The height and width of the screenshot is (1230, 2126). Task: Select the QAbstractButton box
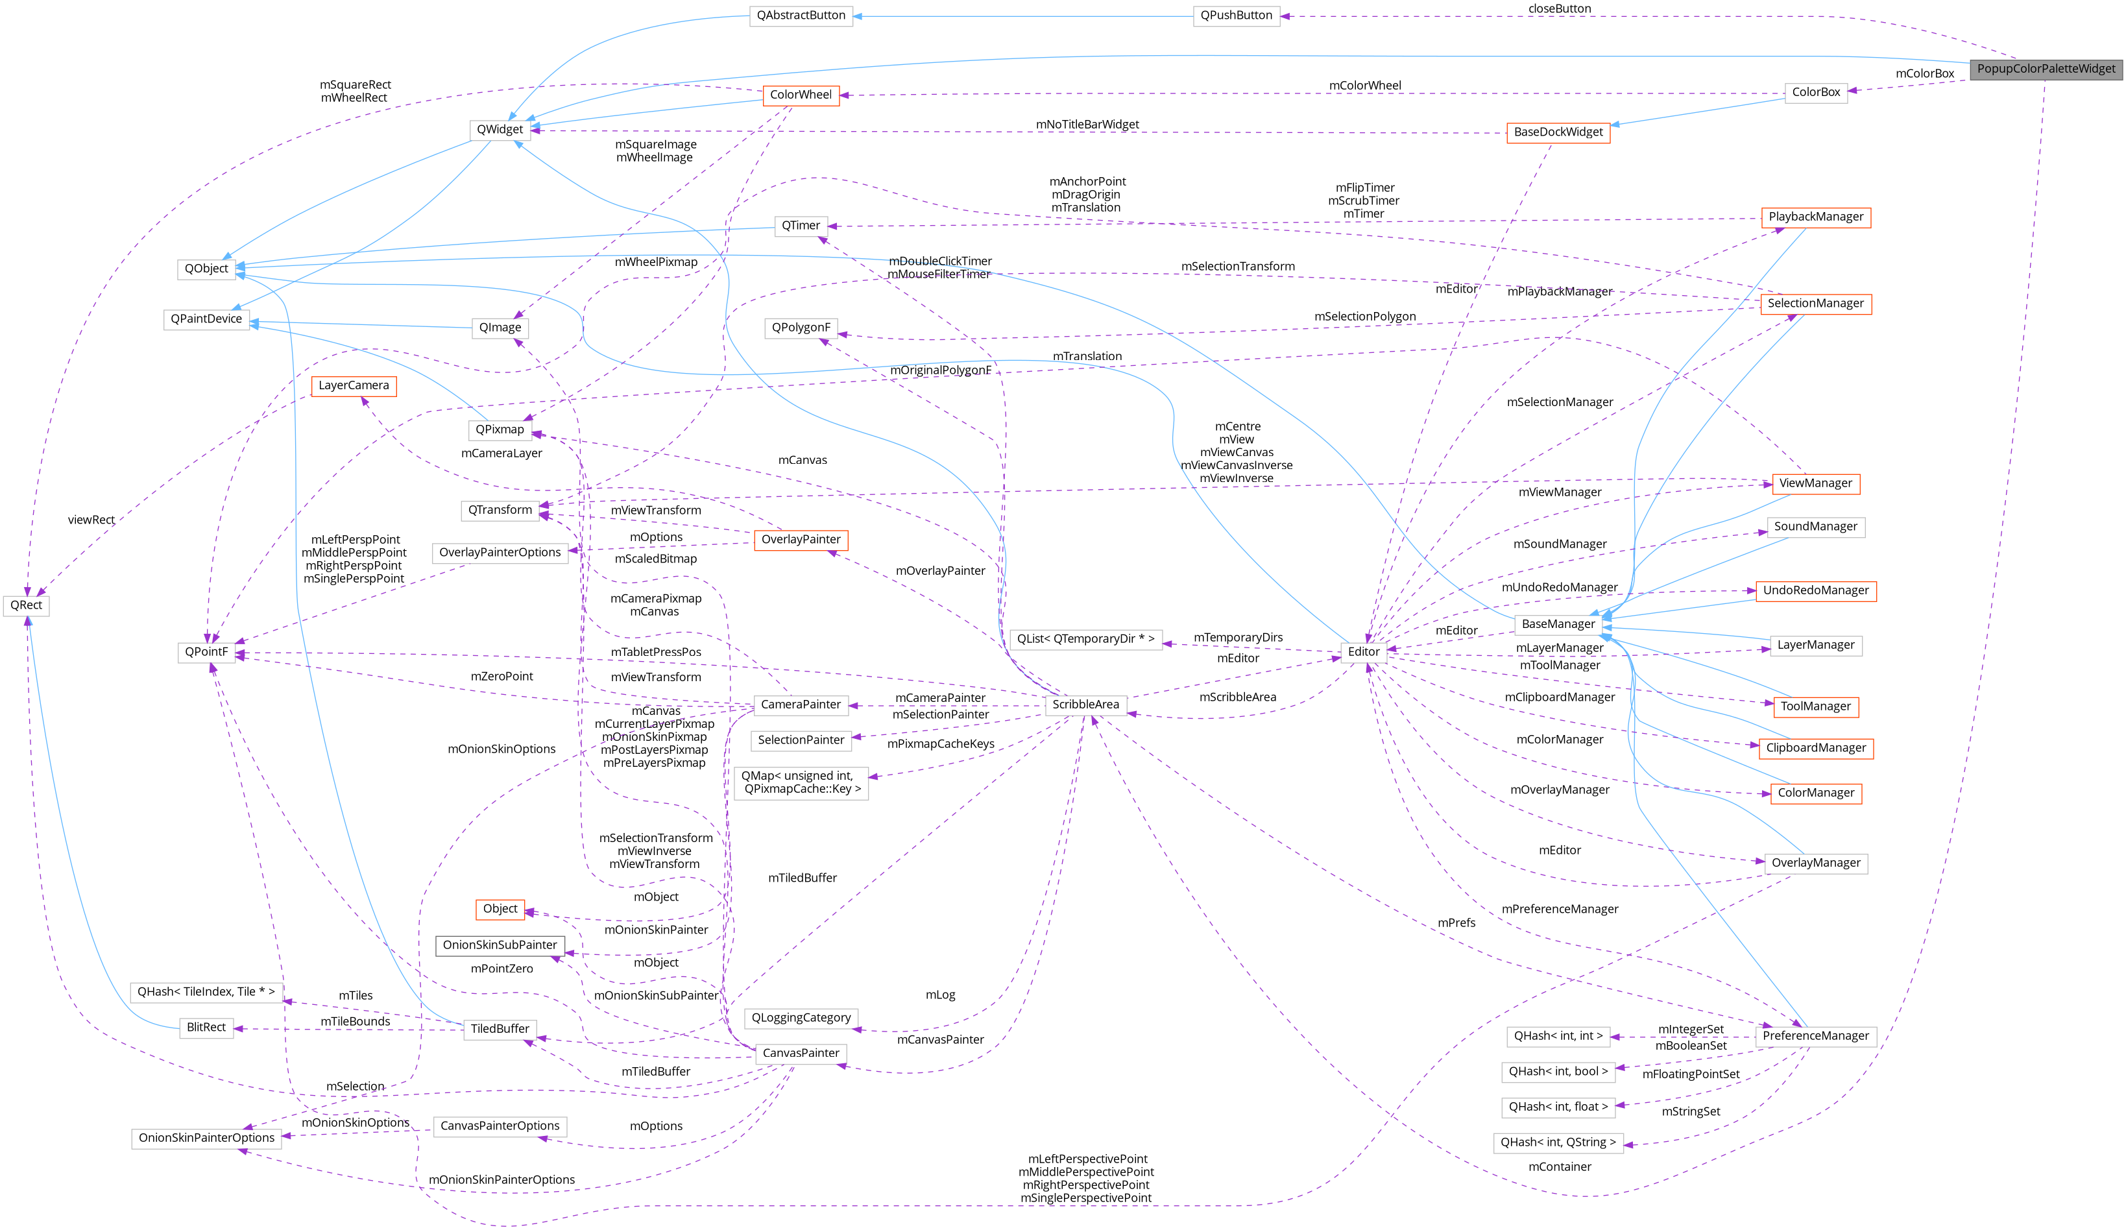click(x=801, y=15)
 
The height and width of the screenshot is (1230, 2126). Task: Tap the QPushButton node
click(x=1236, y=15)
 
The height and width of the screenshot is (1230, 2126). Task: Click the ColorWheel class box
click(x=801, y=95)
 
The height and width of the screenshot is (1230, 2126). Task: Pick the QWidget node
click(x=500, y=129)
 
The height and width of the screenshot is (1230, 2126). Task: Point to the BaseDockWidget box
click(x=1558, y=132)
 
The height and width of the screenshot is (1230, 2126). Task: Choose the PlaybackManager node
click(x=1815, y=217)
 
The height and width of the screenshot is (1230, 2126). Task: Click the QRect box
click(x=26, y=605)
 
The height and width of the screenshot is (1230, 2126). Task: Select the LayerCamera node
click(x=354, y=385)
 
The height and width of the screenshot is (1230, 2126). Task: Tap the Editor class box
click(x=1363, y=651)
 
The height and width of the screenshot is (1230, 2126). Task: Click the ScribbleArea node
click(x=1086, y=705)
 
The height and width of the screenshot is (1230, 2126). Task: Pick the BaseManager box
click(x=1558, y=624)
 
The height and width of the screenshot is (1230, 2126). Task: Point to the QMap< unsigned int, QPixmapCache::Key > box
click(x=801, y=782)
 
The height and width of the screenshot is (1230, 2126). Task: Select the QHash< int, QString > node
click(x=1558, y=1142)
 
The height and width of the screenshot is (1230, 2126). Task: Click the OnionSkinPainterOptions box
click(x=207, y=1138)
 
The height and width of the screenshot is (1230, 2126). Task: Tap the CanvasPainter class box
click(x=801, y=1053)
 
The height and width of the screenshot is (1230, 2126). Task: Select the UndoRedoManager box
click(x=1815, y=590)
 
